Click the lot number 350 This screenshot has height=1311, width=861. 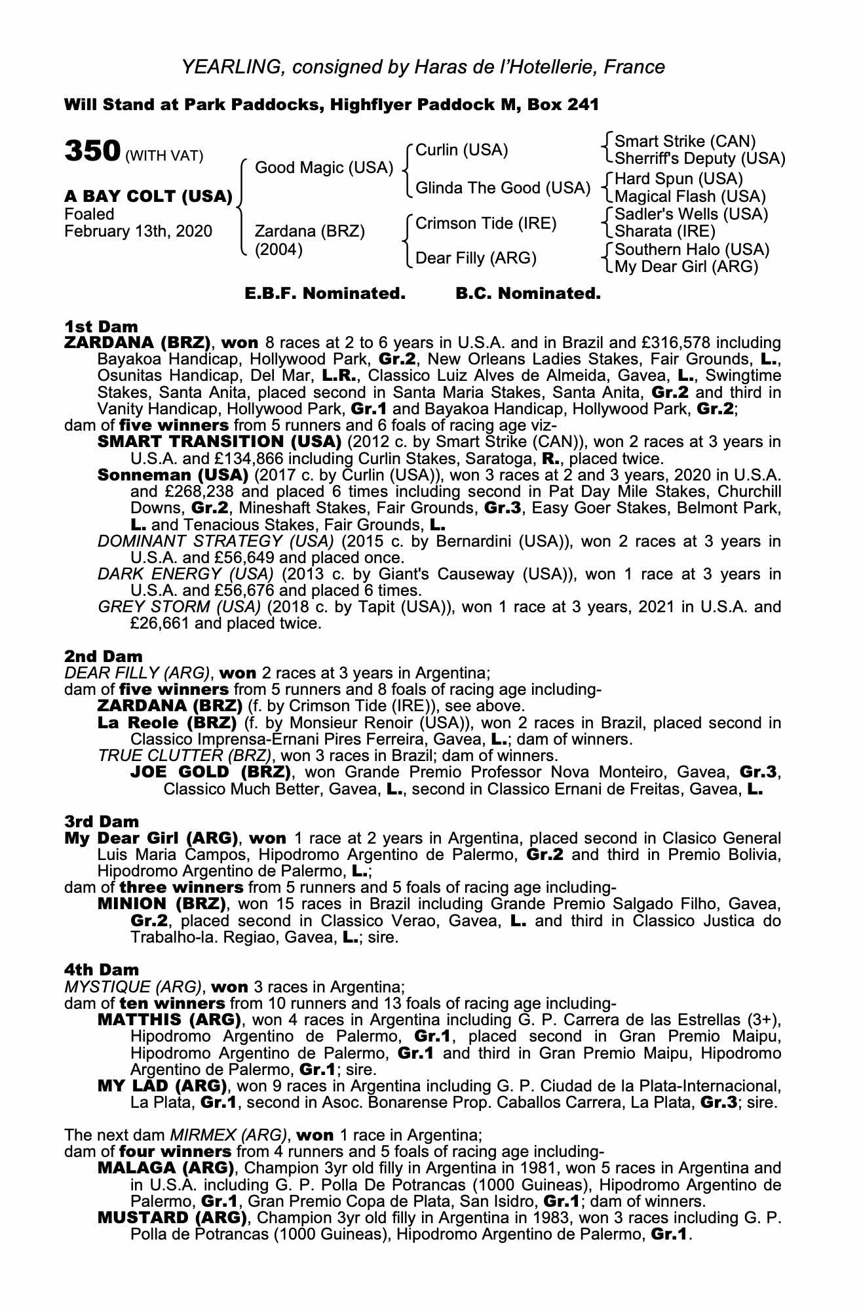pos(91,151)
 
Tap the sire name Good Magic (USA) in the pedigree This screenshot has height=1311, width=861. pos(324,168)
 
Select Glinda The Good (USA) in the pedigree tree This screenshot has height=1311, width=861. pos(503,188)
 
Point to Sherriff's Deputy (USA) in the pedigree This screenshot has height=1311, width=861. pos(700,159)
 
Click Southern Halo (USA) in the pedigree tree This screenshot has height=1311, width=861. pos(692,250)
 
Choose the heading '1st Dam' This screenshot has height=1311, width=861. pos(101,326)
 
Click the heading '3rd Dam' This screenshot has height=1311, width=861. pos(102,821)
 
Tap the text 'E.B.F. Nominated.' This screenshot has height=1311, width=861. pos(325,294)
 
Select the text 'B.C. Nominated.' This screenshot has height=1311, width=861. pos(527,294)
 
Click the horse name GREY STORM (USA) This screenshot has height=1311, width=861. pos(180,607)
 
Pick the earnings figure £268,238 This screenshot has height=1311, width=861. pos(198,492)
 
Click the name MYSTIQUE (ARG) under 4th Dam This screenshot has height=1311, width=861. pos(132,987)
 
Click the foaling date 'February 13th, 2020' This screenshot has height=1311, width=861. pos(138,231)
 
